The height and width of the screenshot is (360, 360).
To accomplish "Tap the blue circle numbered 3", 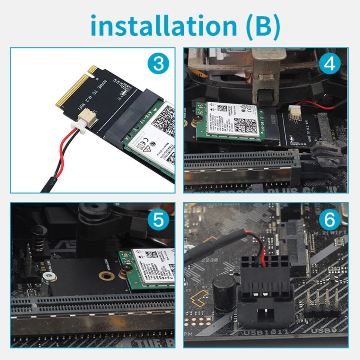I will pyautogui.click(x=159, y=64).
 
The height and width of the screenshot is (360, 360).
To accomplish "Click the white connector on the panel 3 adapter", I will pyautogui.click(x=88, y=116).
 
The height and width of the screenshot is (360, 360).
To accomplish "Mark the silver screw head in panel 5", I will pyautogui.click(x=47, y=277).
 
